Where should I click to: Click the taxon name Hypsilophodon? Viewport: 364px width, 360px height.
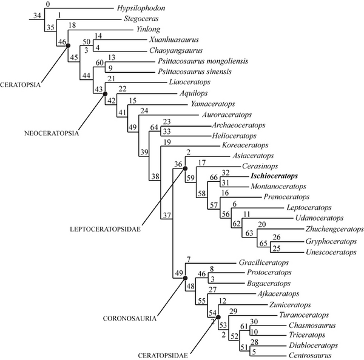(139, 9)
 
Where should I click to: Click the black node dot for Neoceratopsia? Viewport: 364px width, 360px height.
(105, 94)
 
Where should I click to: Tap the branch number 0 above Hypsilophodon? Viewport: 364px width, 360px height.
(48, 5)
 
